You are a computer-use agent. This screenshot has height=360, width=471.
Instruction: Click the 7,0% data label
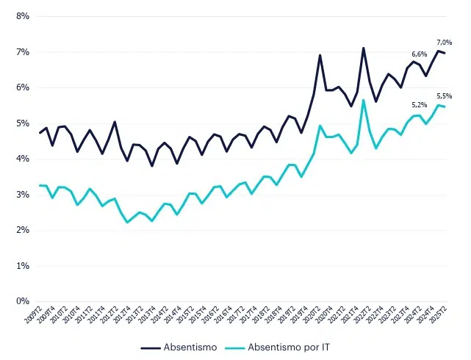coord(445,42)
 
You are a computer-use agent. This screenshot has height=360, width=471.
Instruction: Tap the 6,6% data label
coord(419,54)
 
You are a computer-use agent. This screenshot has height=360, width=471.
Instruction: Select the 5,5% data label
coord(445,96)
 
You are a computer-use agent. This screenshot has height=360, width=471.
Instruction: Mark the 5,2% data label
coord(419,105)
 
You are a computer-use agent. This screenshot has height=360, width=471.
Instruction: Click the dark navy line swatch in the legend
coord(152,347)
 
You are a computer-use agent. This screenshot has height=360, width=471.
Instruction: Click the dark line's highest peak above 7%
coord(364,48)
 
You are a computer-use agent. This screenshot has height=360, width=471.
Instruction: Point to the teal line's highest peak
coord(364,100)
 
